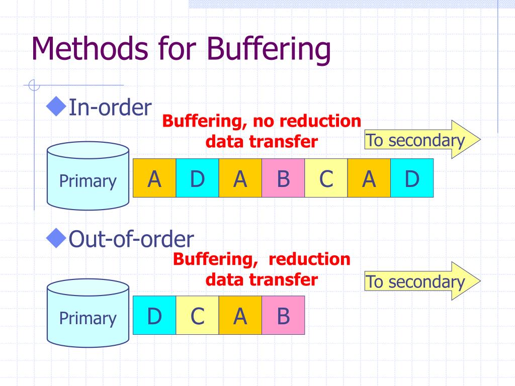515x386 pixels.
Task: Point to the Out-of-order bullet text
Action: click(131, 239)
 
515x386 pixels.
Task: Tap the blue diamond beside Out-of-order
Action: click(57, 238)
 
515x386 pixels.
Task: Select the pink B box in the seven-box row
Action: click(283, 178)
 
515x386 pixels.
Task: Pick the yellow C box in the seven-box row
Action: click(326, 178)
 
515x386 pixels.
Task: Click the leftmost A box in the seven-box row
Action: click(154, 178)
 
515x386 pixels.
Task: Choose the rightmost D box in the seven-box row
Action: click(412, 178)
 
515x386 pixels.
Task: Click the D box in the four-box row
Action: click(154, 315)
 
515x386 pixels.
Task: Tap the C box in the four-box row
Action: click(197, 315)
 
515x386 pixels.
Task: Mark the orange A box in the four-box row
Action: click(240, 315)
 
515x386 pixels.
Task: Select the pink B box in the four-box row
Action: click(283, 315)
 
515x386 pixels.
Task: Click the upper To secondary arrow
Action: click(421, 140)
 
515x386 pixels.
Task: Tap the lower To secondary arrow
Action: click(421, 281)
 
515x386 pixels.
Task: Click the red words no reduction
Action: click(307, 121)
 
